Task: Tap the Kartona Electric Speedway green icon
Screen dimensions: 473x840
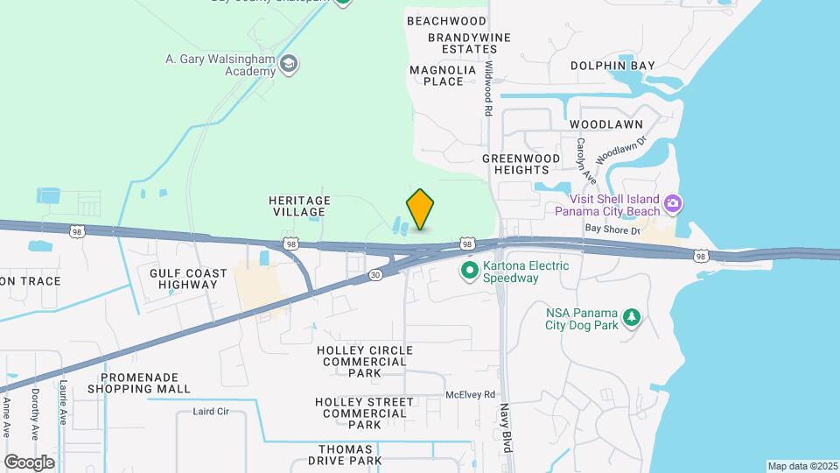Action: (469, 272)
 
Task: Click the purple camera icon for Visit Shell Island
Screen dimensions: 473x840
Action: (673, 203)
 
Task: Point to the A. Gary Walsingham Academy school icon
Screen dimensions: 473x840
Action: (290, 64)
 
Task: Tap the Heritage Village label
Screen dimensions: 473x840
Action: (299, 207)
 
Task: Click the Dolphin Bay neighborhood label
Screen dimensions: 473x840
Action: (612, 66)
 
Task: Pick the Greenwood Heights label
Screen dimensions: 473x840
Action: (515, 164)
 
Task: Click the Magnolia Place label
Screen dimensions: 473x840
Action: (443, 75)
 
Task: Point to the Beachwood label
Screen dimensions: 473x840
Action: (446, 20)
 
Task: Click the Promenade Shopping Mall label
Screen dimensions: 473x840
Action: (144, 382)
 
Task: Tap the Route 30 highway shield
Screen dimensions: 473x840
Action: (375, 274)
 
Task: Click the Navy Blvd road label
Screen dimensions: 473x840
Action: (505, 427)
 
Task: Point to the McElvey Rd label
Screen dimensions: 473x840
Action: (470, 394)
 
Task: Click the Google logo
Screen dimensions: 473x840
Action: (29, 462)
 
